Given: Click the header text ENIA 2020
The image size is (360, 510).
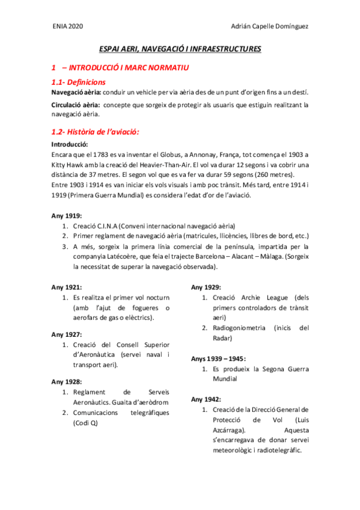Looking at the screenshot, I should click(x=67, y=26).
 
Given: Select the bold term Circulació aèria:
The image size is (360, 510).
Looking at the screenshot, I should click(x=75, y=105).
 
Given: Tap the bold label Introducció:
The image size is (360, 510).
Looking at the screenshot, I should click(x=70, y=144).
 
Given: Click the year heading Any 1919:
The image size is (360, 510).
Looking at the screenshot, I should click(x=67, y=215).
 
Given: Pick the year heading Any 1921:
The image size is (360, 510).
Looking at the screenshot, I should click(x=67, y=287).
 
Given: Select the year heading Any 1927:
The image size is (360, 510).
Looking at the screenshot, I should click(x=67, y=334).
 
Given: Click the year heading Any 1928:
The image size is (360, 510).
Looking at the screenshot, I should click(x=67, y=381).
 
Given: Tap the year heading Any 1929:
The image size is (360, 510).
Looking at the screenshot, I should click(x=206, y=287).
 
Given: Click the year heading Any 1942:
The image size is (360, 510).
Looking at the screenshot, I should click(x=206, y=399).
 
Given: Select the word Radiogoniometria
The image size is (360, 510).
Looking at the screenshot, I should click(x=239, y=328).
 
